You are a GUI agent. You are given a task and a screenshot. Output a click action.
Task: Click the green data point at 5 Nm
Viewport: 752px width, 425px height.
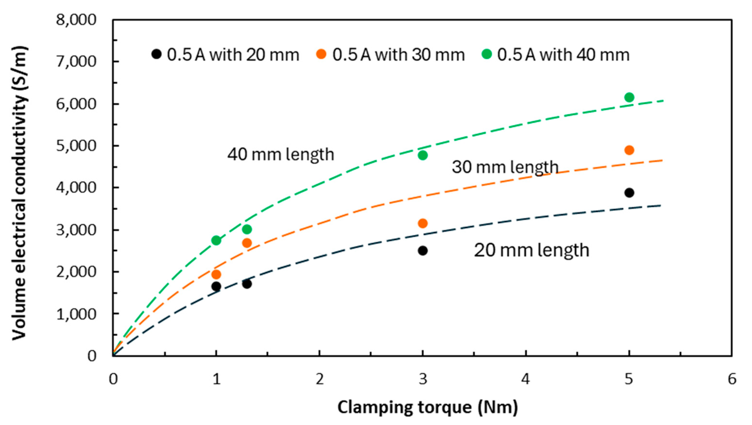click(x=629, y=97)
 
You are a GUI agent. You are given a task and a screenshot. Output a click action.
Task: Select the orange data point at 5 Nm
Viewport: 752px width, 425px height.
click(x=629, y=150)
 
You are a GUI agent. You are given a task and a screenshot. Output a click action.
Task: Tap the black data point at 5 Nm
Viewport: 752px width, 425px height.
click(x=629, y=193)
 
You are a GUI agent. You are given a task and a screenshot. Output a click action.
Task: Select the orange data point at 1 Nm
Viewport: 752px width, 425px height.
click(x=216, y=274)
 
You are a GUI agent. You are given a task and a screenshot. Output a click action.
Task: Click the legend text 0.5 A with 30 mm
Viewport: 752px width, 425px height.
click(x=398, y=55)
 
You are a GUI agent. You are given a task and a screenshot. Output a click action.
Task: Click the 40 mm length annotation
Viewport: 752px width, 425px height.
click(x=280, y=154)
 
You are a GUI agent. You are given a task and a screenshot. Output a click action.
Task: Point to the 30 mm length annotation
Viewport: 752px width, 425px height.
click(x=505, y=167)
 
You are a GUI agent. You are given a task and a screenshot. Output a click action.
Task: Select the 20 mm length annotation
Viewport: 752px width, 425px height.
click(x=531, y=251)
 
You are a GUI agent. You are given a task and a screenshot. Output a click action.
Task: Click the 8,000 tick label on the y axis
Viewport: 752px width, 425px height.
click(x=76, y=21)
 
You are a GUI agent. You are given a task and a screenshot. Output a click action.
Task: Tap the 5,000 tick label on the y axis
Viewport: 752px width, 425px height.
click(x=76, y=146)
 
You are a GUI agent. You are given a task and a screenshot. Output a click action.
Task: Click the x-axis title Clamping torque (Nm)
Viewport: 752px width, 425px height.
click(x=428, y=407)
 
